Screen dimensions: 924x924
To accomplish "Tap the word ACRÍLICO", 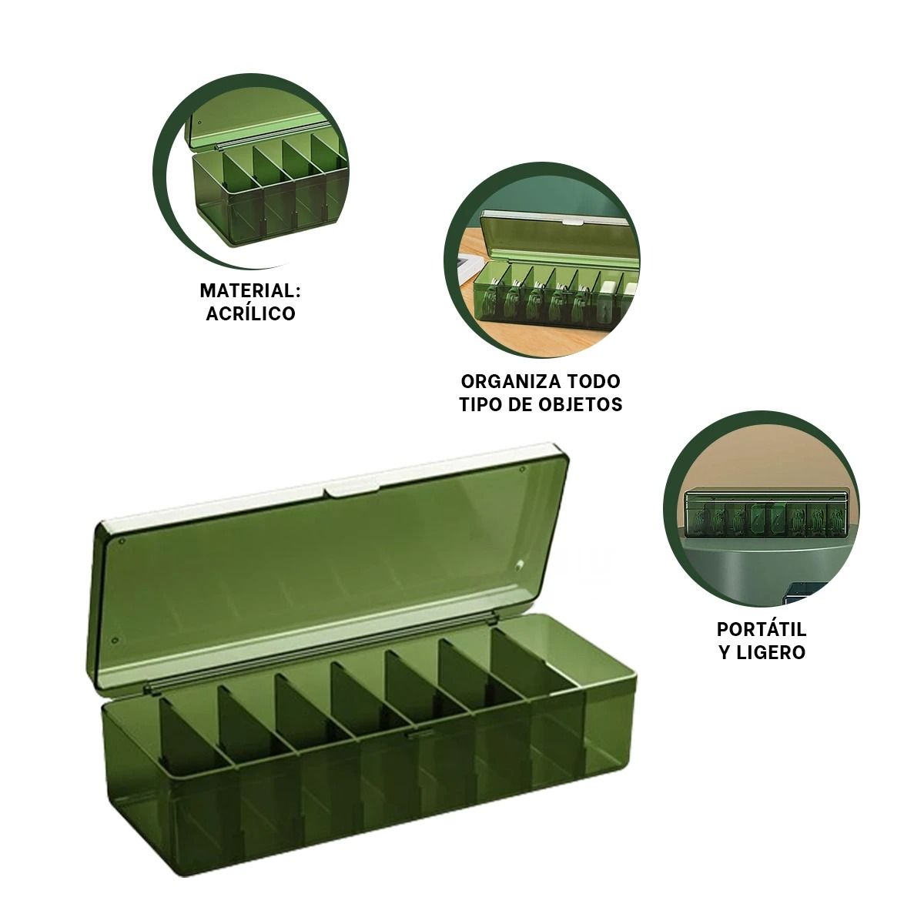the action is [x=250, y=313].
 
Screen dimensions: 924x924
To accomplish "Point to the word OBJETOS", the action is [x=580, y=405].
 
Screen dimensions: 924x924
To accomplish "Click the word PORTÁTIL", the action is [x=762, y=630].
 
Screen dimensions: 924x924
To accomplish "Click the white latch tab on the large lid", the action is [x=351, y=490].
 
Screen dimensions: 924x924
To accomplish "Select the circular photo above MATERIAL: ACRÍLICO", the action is [x=251, y=171].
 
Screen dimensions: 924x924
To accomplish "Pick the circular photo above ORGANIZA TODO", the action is [x=542, y=260].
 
